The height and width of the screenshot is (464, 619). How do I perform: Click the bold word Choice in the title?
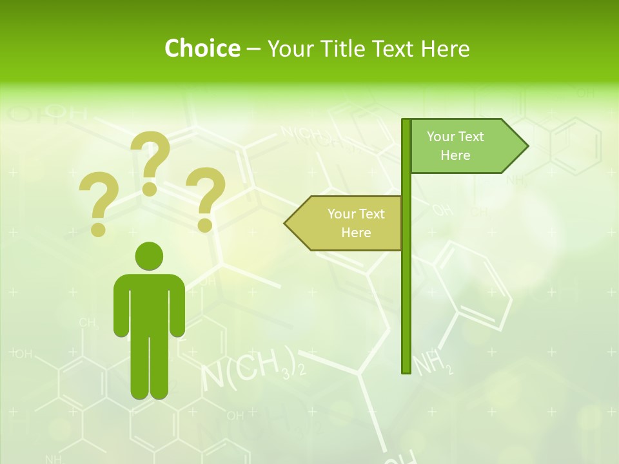(202, 48)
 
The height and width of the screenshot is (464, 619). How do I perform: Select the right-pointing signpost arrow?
(467, 146)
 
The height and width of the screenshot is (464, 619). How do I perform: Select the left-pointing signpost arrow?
(343, 223)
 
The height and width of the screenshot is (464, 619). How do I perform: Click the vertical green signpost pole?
(406, 290)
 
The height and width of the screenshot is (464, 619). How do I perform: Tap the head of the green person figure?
(149, 255)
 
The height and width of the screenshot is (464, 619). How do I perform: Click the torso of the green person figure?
(149, 303)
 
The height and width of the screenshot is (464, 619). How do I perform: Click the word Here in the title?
(445, 48)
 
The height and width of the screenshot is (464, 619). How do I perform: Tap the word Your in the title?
(290, 48)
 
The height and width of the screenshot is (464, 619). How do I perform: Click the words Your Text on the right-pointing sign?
(455, 137)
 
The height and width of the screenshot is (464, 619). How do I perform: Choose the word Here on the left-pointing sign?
(356, 233)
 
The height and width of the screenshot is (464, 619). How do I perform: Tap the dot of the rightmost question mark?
(206, 225)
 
